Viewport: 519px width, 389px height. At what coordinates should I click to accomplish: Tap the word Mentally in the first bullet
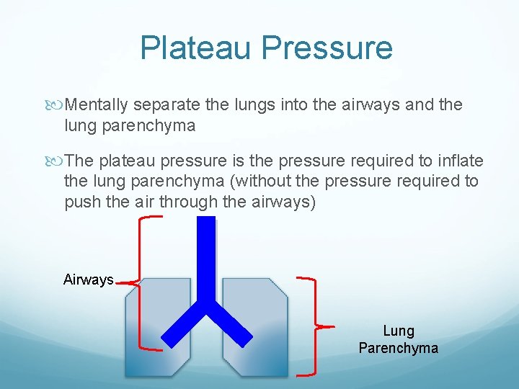pos(97,105)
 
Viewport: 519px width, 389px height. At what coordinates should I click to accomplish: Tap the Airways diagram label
pos(88,280)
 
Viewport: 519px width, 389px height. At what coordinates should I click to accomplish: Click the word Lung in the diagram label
pos(399,331)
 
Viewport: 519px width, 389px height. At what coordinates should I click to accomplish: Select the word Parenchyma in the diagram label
pos(399,348)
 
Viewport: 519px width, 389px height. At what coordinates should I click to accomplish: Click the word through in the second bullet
pos(188,202)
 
